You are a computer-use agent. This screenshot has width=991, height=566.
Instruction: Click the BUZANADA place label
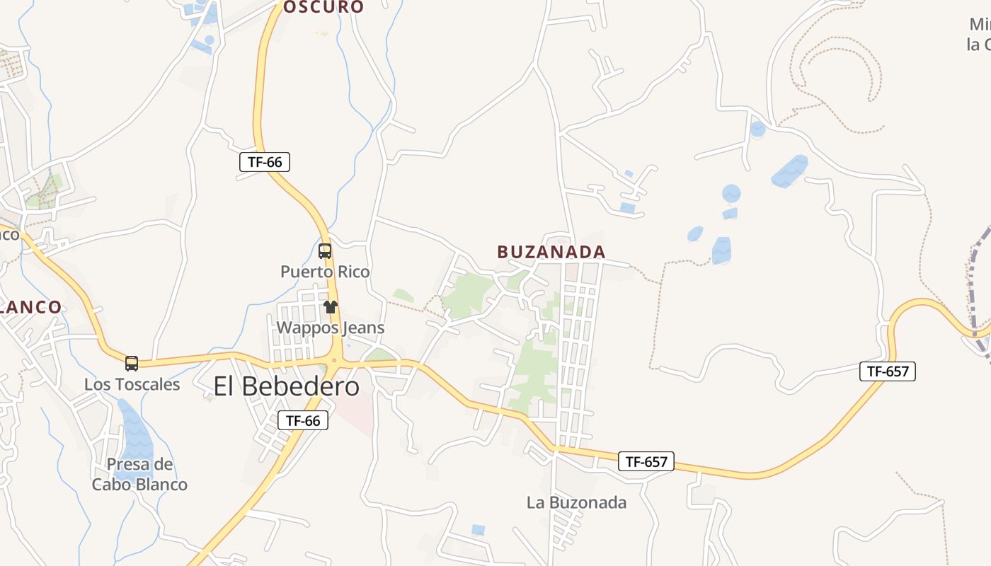(x=551, y=252)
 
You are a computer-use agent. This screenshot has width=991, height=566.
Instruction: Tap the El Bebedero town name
(x=286, y=386)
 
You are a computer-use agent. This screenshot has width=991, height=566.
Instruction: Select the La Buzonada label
(x=576, y=502)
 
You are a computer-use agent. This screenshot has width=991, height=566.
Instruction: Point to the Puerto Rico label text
(x=325, y=272)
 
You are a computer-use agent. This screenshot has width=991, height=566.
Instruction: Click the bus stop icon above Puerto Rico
(x=325, y=250)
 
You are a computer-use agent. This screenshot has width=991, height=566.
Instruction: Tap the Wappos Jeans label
(x=330, y=328)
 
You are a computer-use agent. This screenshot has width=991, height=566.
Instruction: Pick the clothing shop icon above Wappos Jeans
(x=331, y=307)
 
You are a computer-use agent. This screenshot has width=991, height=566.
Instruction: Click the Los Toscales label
(x=132, y=384)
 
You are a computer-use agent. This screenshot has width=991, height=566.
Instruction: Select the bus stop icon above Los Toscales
(x=132, y=364)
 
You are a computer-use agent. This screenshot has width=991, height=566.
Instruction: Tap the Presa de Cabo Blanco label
(x=139, y=474)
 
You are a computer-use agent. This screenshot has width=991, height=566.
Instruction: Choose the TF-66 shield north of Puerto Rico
(x=265, y=162)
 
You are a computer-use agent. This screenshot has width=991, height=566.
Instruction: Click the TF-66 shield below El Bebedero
(x=303, y=420)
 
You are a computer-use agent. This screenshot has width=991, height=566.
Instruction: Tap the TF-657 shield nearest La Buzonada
(x=646, y=462)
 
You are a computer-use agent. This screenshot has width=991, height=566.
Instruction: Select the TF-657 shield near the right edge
(x=888, y=371)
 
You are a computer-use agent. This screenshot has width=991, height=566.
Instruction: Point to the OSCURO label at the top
(x=323, y=7)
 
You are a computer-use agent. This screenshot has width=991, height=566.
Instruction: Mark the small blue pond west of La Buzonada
(x=479, y=529)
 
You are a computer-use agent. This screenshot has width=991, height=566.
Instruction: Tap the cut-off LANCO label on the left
(x=31, y=307)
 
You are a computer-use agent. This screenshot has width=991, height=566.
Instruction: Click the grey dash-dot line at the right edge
(x=975, y=283)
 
